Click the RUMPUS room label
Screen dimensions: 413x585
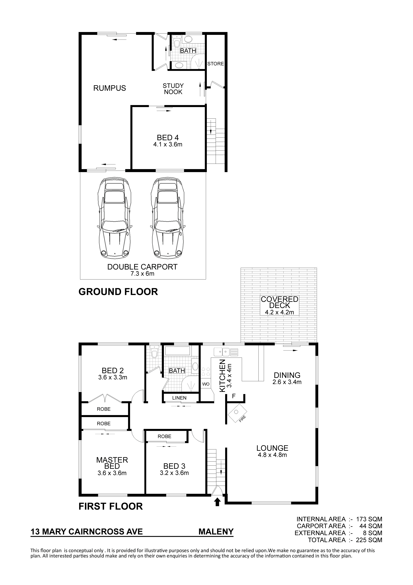tap(110, 88)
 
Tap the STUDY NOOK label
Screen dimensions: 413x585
tap(173, 89)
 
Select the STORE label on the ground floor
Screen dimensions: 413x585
tap(215, 64)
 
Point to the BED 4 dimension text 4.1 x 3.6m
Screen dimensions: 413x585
tap(168, 144)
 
